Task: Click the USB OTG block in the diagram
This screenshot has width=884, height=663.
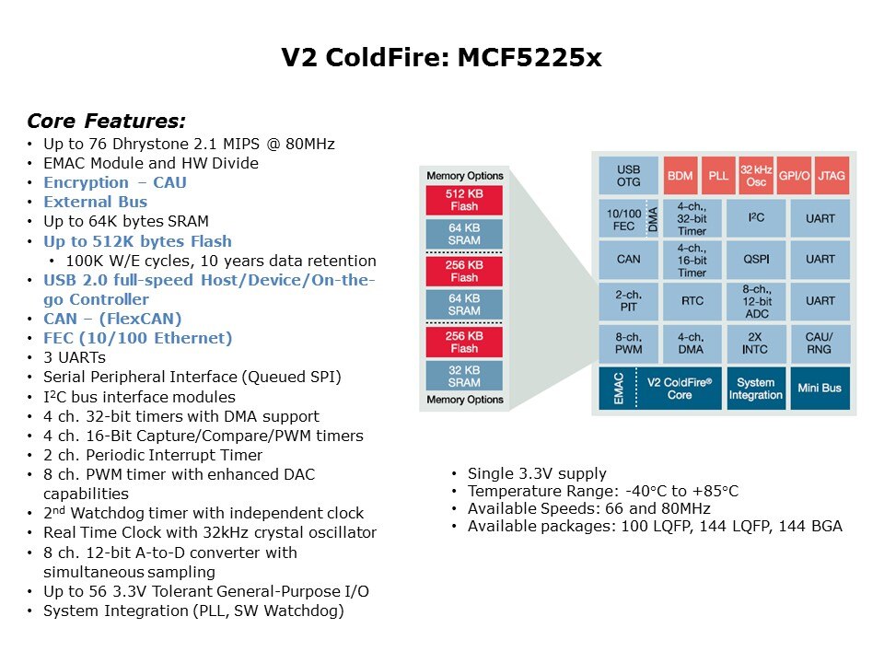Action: click(629, 175)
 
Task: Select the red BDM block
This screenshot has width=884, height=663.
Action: click(680, 175)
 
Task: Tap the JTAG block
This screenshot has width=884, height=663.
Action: click(831, 175)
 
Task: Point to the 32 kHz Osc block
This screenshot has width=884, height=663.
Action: click(756, 175)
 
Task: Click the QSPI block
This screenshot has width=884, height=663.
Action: click(755, 260)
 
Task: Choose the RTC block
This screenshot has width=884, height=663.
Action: click(692, 300)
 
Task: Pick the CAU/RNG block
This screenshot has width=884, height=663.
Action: click(819, 343)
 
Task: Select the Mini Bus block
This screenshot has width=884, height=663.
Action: click(819, 388)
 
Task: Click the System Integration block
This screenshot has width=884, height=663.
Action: click(755, 389)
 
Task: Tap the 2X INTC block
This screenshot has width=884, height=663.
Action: click(755, 343)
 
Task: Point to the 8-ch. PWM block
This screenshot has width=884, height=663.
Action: click(629, 343)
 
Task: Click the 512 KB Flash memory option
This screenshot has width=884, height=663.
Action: click(464, 200)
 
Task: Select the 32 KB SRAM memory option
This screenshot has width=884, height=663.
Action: click(464, 376)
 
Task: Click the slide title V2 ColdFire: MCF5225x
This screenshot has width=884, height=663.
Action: click(442, 59)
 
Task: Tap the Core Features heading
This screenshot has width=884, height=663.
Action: click(106, 121)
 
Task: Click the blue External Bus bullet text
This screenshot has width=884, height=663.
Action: click(95, 202)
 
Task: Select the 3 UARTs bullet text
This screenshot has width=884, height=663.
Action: click(75, 357)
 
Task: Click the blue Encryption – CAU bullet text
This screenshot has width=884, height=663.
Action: click(115, 182)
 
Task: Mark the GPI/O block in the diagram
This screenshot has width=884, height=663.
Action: click(794, 175)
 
